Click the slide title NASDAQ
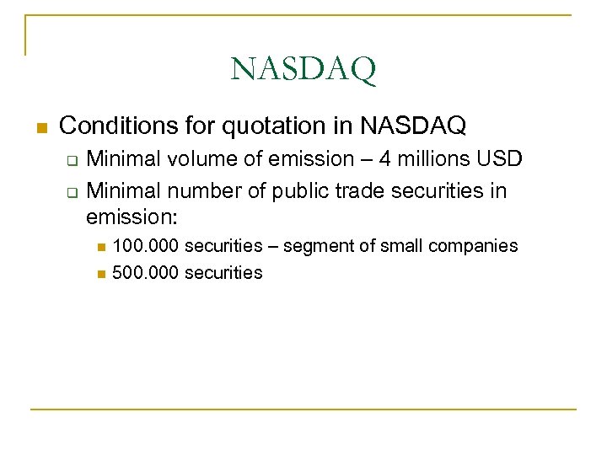point(303,70)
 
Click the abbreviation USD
point(486,158)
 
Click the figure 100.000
point(145,246)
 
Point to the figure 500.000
point(145,272)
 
